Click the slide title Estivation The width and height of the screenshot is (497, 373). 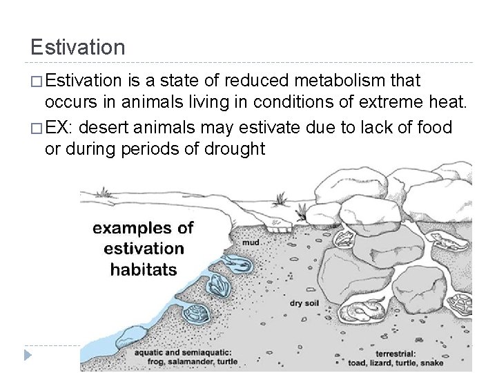pos(78,47)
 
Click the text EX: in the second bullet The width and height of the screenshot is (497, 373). pos(62,126)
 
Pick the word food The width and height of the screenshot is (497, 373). pos(433,126)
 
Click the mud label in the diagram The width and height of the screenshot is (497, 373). pos(251,243)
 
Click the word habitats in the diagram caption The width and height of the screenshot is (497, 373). pos(144,269)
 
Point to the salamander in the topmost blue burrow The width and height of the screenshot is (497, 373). pos(228,262)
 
